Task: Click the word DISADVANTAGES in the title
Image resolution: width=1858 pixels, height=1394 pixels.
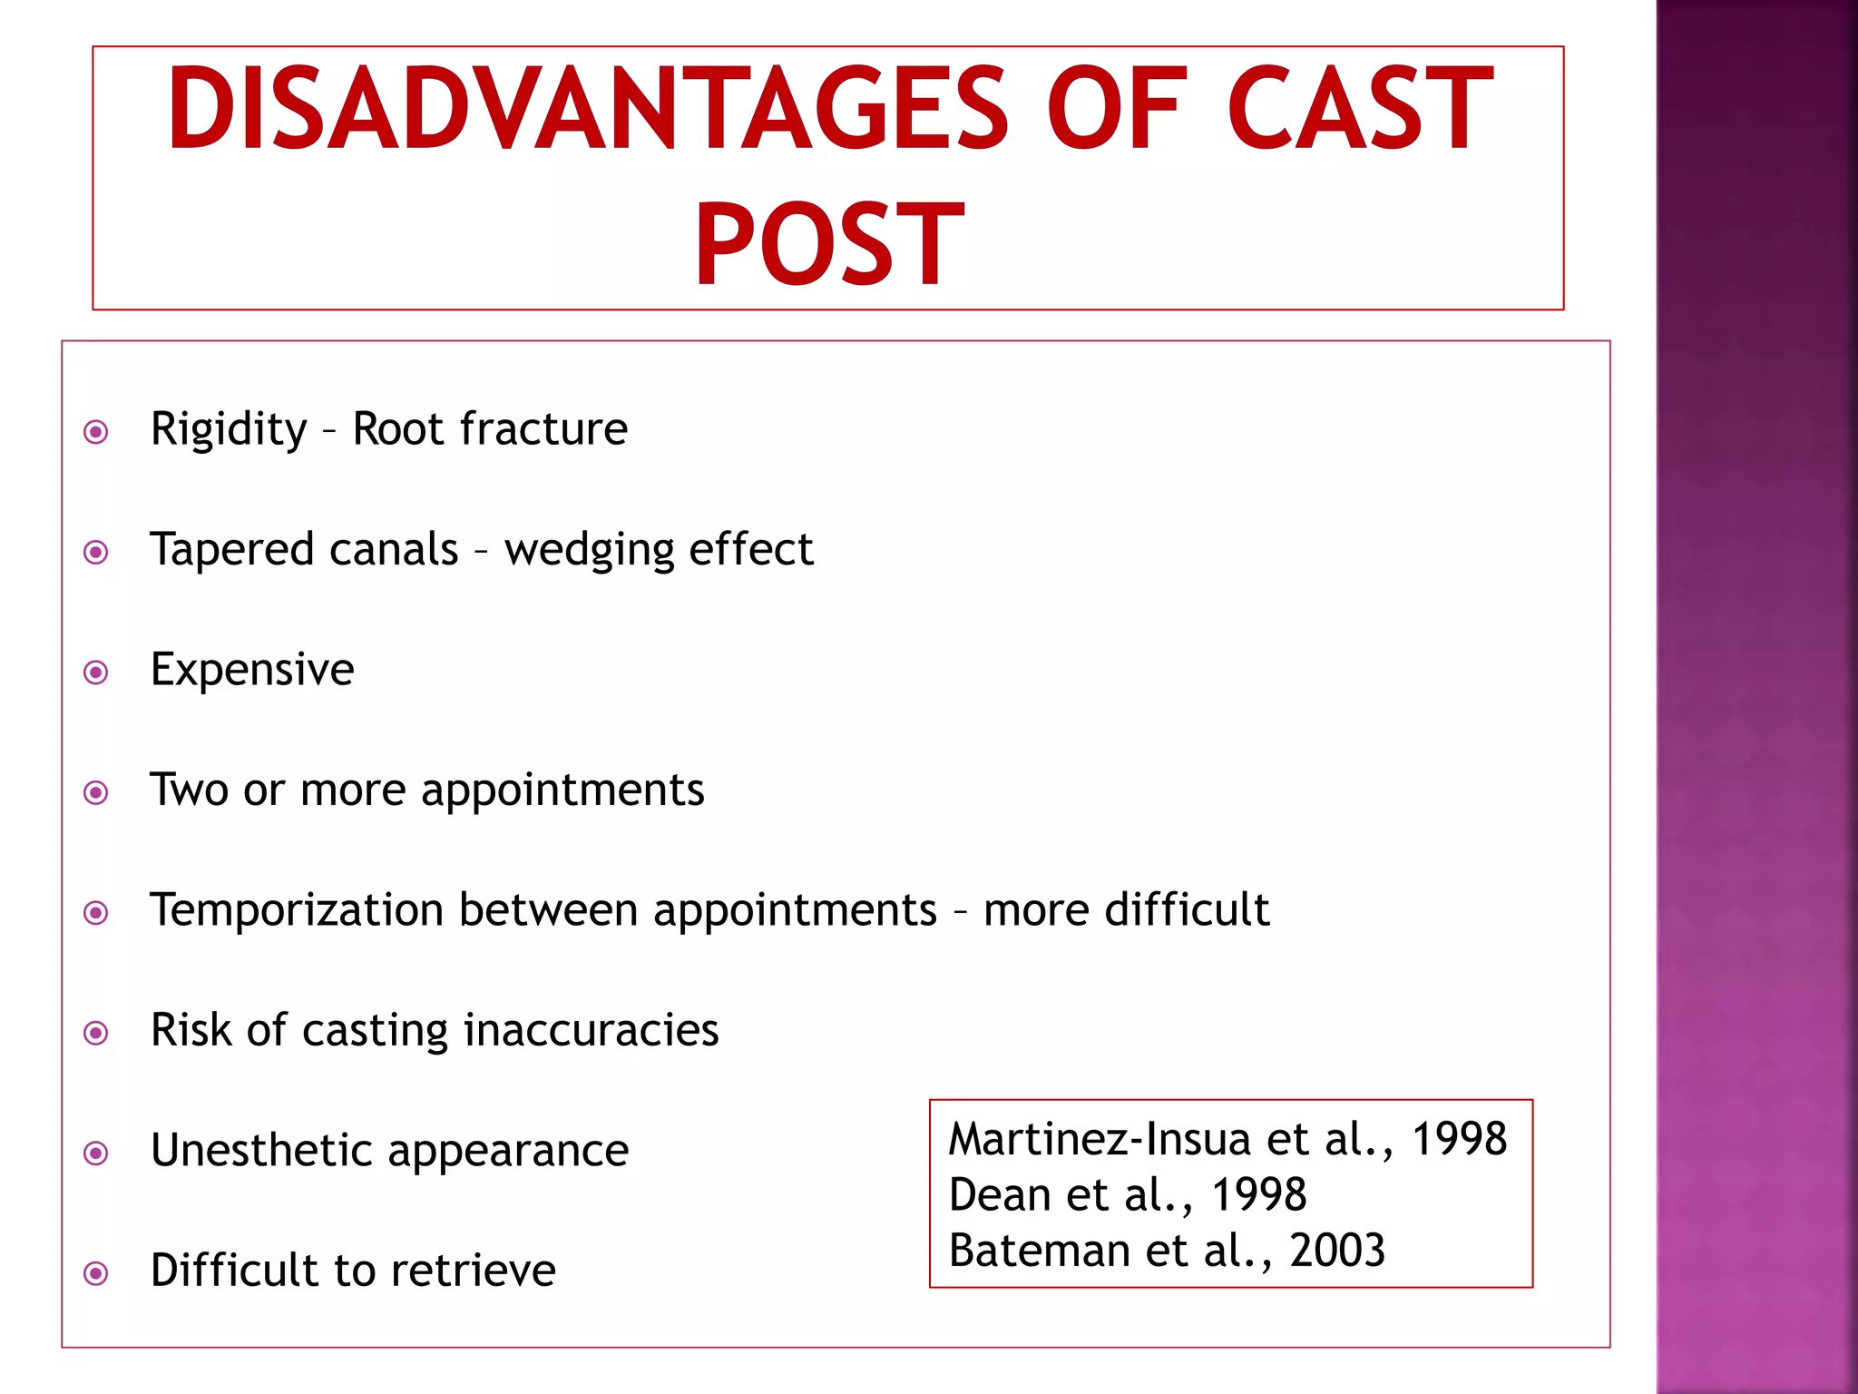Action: [586, 109]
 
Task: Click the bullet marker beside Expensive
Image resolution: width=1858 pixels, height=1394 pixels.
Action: [96, 672]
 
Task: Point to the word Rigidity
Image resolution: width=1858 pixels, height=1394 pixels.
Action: [229, 428]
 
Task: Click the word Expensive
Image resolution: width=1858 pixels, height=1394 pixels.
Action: [252, 671]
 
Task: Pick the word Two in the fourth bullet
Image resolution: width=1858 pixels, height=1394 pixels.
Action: [189, 789]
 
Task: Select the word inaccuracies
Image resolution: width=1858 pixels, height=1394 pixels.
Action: [591, 1030]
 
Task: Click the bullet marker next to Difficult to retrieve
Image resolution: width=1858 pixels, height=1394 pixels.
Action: [96, 1273]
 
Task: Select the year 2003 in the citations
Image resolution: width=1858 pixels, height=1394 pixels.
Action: [1337, 1251]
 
